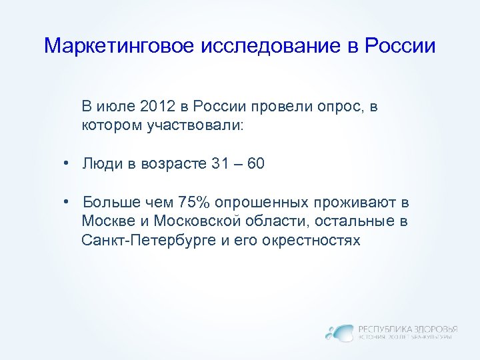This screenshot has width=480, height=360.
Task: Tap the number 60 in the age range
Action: click(x=255, y=164)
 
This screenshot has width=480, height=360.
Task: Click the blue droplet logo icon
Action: click(x=340, y=332)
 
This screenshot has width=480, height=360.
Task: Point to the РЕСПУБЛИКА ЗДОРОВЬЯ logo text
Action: click(x=407, y=329)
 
